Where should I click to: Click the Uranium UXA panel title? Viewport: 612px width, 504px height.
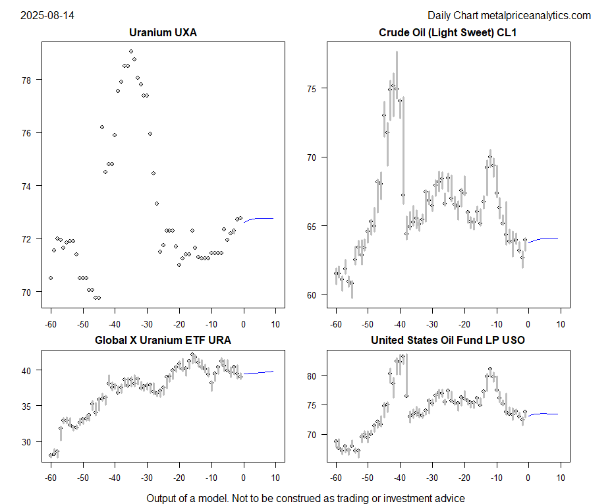(163, 32)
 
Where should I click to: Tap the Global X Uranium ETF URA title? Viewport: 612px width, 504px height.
(163, 340)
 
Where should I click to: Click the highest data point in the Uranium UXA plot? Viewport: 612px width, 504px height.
(131, 51)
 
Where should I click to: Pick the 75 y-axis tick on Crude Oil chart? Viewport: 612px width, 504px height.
(315, 88)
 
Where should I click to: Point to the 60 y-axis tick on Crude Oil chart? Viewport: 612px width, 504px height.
(315, 295)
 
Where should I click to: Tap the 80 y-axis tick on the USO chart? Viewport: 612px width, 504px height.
(315, 376)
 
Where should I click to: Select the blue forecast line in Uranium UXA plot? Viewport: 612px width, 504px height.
(260, 218)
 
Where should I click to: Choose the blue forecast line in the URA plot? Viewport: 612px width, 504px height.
(260, 372)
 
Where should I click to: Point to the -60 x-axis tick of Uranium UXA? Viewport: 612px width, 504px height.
(50, 324)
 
